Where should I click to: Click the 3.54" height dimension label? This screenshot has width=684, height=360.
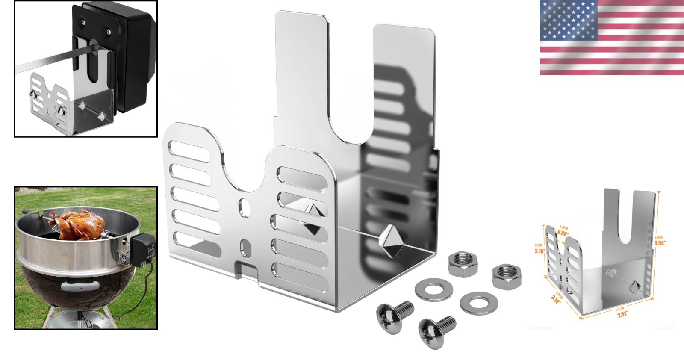pos(660,242)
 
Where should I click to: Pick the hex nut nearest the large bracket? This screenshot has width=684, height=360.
pos(463,265)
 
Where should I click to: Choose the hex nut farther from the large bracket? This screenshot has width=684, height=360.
pos(507,276)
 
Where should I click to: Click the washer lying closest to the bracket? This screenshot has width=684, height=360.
pos(434,290)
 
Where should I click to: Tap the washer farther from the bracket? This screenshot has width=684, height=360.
pos(479,302)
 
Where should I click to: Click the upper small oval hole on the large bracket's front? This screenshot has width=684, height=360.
pos(245,207)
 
